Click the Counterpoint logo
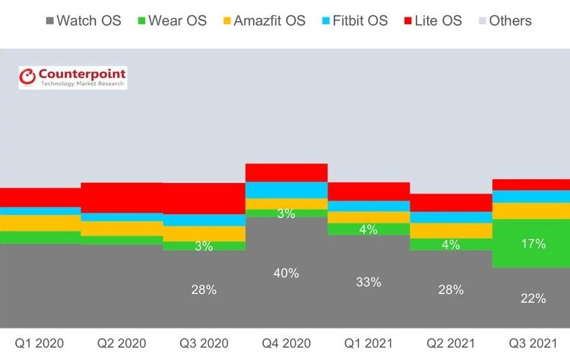73,77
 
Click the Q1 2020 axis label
41,342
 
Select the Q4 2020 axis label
286,342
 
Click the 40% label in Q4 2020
286,273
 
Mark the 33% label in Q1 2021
368,281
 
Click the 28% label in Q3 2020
204,289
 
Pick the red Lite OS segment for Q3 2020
204,198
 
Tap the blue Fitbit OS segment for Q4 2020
286,190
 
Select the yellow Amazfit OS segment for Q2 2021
450,230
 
